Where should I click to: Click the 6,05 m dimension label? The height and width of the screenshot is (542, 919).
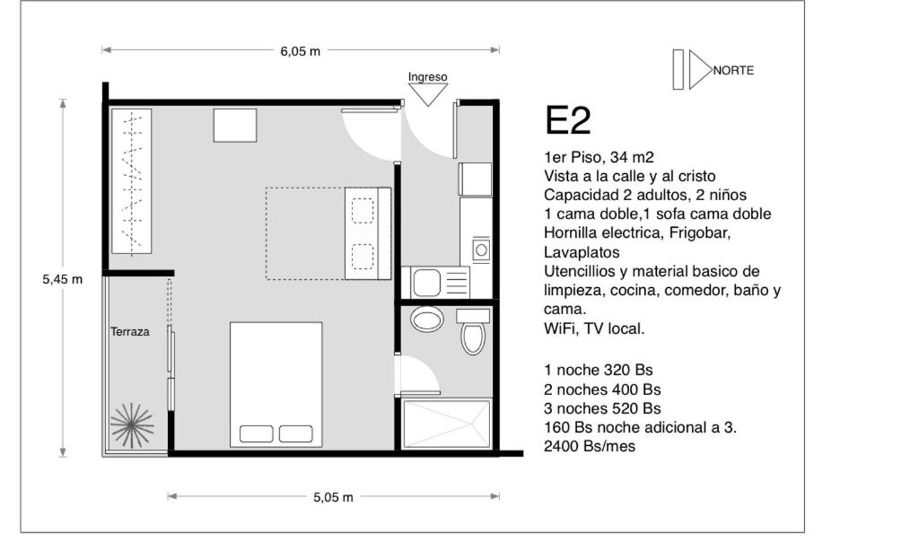300,51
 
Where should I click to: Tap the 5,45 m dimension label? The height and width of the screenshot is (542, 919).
62,279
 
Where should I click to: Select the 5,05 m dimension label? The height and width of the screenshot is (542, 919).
333,497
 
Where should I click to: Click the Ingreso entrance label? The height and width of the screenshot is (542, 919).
427,77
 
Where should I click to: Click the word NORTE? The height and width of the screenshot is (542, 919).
733,70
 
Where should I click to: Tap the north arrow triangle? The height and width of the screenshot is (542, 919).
699,70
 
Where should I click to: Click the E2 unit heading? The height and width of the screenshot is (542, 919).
567,121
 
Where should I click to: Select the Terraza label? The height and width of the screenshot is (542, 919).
129,332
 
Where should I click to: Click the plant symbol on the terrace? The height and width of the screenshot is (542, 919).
132,425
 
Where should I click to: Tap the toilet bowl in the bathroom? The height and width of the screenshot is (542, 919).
473,337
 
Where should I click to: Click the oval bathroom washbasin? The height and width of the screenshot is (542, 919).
426,320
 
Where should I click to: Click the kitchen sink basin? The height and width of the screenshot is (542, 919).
426,283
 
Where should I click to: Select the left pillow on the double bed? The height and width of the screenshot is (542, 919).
256,433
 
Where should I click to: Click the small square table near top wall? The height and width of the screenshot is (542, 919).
235,126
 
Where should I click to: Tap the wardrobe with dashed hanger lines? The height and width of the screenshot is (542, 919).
131,181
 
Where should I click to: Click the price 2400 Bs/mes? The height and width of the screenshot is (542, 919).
589,447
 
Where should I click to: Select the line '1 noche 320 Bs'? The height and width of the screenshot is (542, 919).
598,371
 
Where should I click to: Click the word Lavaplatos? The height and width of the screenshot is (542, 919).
582,252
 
